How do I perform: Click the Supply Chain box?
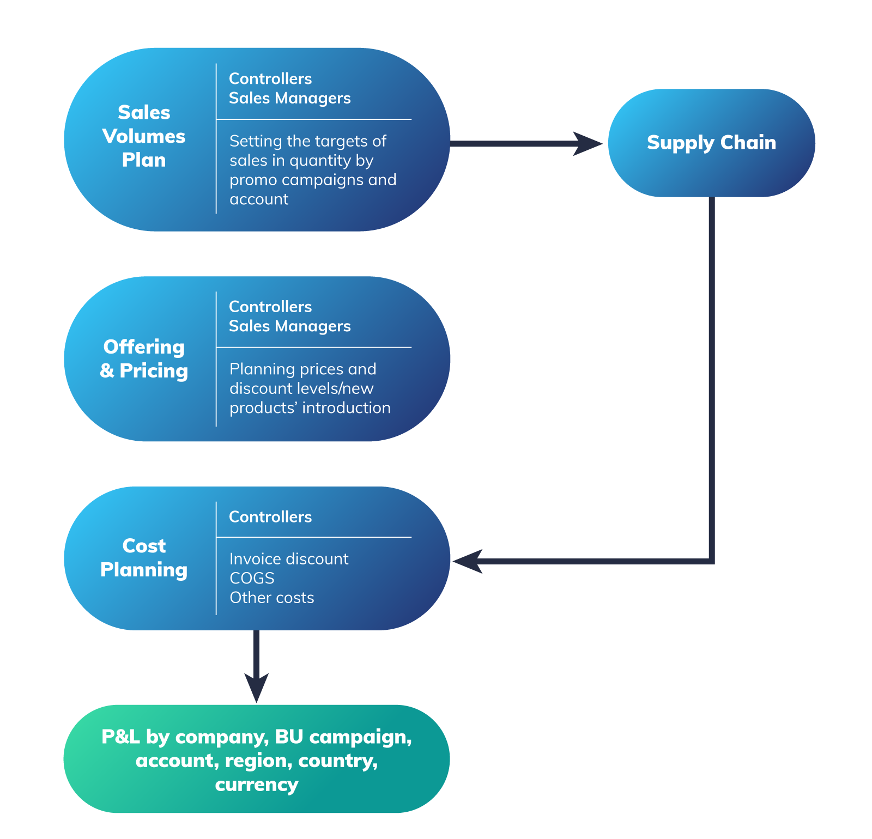[x=711, y=143]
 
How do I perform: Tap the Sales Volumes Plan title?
[x=144, y=136]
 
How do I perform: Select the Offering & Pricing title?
[x=144, y=358]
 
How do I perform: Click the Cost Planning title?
[x=144, y=557]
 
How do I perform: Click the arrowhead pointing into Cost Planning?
[x=468, y=561]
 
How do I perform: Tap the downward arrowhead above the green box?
[x=256, y=688]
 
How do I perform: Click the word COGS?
[x=252, y=578]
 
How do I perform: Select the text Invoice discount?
[x=289, y=559]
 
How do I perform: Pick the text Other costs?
[x=271, y=598]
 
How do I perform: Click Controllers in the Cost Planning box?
[x=270, y=517]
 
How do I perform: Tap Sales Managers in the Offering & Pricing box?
[x=289, y=326]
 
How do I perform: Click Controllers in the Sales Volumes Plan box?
[x=270, y=79]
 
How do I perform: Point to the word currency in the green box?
[x=256, y=785]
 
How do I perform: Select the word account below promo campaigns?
[x=259, y=199]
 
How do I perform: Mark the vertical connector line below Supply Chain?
[x=712, y=381]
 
